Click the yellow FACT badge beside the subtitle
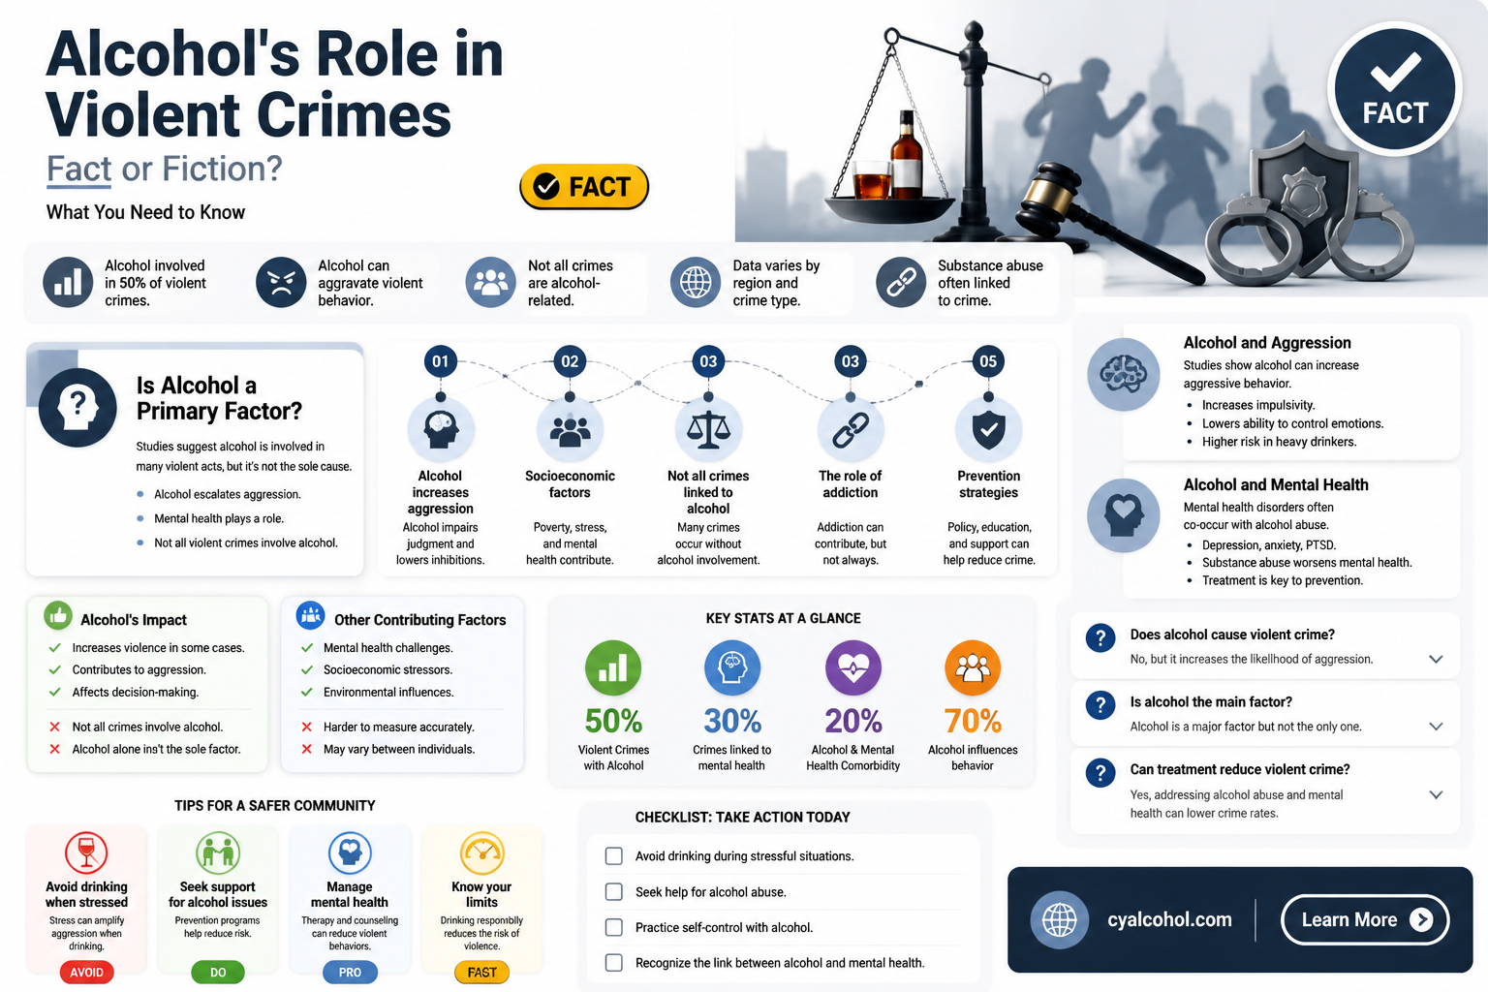pos(584,187)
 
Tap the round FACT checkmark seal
pos(1394,89)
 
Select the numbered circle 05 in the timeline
pos(988,361)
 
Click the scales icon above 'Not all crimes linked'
pos(708,429)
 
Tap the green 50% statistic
pos(613,721)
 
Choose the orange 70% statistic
pos(973,721)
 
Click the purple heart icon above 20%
pos(852,667)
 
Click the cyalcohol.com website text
pos(1169,919)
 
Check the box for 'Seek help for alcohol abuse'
pos(614,891)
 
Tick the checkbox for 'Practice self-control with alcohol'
pos(614,927)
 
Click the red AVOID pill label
pos(86,973)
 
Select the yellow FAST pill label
pos(481,973)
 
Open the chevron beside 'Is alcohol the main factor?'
pos(1436,727)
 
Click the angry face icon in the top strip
pos(281,282)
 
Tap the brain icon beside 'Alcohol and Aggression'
pos(1124,375)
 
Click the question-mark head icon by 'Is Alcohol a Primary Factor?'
pos(77,407)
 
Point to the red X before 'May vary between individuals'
pos(307,749)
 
